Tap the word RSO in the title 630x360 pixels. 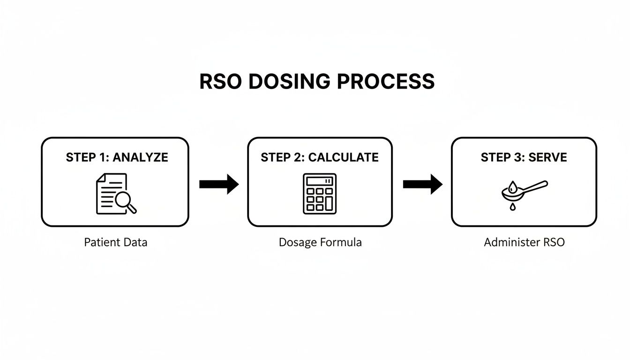click(221, 82)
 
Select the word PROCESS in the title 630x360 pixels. click(386, 82)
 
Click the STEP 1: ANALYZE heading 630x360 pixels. click(117, 157)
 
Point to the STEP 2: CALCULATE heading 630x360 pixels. click(320, 157)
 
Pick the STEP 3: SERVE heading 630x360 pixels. click(524, 157)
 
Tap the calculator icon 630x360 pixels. click(320, 194)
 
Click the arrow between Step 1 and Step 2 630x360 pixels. click(218, 184)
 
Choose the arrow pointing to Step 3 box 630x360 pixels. click(422, 184)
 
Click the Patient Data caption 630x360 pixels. click(116, 242)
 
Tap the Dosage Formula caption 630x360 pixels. click(320, 242)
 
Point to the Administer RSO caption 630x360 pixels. click(524, 242)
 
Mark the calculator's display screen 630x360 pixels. click(320, 181)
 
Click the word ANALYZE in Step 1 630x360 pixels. click(140, 157)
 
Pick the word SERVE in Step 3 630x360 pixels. click(547, 157)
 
